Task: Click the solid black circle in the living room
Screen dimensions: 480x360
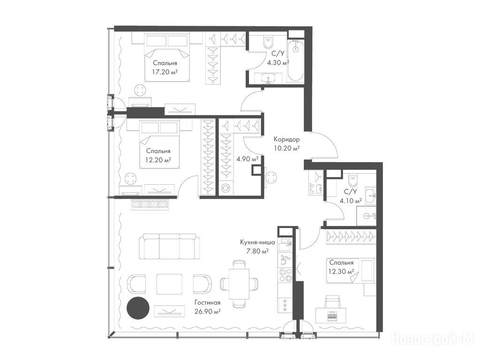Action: coord(138,308)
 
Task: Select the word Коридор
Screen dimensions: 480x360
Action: coord(286,140)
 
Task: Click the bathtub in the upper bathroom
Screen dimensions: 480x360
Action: coord(295,60)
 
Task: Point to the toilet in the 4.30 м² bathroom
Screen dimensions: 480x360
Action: coord(269,42)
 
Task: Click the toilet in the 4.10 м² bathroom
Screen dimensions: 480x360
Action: coord(352,180)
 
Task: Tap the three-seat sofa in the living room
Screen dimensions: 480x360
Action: coord(169,247)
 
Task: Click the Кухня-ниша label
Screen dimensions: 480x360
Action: coord(257,242)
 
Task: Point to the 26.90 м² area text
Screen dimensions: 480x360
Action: coord(208,312)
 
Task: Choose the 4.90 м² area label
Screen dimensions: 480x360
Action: coord(247,159)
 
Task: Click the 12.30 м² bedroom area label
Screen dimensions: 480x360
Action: coord(341,271)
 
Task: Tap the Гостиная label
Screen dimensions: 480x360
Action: coord(207,303)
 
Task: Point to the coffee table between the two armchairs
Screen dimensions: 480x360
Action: coord(169,285)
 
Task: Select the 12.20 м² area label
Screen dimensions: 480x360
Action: coord(158,160)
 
